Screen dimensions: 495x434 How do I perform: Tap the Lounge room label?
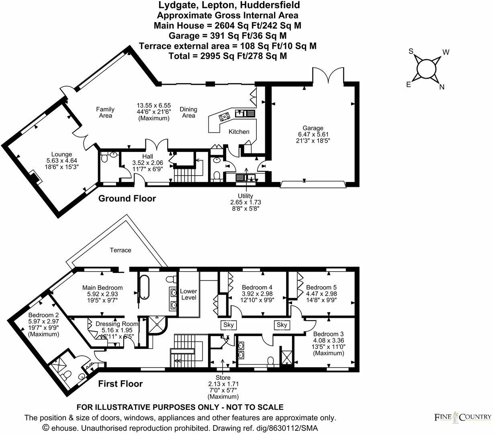click(x=61, y=154)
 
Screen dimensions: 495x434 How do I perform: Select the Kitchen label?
click(x=239, y=132)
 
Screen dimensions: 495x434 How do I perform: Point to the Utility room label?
click(x=245, y=196)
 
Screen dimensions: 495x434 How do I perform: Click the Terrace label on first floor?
click(x=121, y=250)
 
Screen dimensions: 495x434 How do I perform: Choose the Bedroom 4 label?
click(x=257, y=287)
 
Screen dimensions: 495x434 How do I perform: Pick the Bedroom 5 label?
click(x=321, y=287)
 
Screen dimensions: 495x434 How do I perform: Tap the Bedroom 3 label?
click(x=328, y=334)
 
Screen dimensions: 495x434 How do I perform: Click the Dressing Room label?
click(x=117, y=324)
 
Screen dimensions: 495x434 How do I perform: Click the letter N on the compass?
click(x=442, y=87)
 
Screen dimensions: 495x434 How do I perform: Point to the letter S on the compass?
click(x=411, y=51)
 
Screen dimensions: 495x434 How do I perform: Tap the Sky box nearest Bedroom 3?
click(x=282, y=325)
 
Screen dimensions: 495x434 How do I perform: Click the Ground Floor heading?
click(x=127, y=199)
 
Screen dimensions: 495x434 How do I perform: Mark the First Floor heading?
click(x=121, y=384)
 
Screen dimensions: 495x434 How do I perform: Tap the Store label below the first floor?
click(x=223, y=378)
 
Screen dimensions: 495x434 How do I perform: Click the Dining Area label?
click(x=188, y=112)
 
